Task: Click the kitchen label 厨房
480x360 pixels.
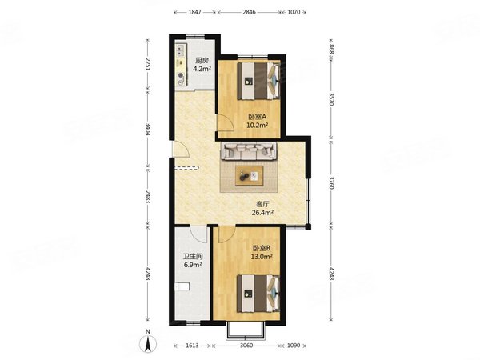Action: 202,60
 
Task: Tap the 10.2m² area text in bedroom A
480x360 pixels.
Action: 258,125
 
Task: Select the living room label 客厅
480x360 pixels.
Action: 262,204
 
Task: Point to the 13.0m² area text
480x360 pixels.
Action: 262,257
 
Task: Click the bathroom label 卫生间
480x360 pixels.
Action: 193,257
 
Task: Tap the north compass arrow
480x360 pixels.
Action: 148,344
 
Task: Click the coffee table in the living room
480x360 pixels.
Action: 250,176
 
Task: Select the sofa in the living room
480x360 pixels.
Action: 249,151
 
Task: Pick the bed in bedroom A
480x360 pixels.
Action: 258,81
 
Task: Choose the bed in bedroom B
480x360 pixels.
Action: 258,294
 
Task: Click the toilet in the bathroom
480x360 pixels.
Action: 182,287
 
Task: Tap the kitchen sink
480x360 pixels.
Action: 181,50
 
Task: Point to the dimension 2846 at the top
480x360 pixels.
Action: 249,12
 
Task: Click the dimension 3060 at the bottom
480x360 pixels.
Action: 246,346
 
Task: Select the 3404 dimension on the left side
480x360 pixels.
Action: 148,129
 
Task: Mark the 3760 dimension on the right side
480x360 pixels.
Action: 331,182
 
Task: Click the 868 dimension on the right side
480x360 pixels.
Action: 331,49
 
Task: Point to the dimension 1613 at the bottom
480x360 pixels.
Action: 192,346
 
